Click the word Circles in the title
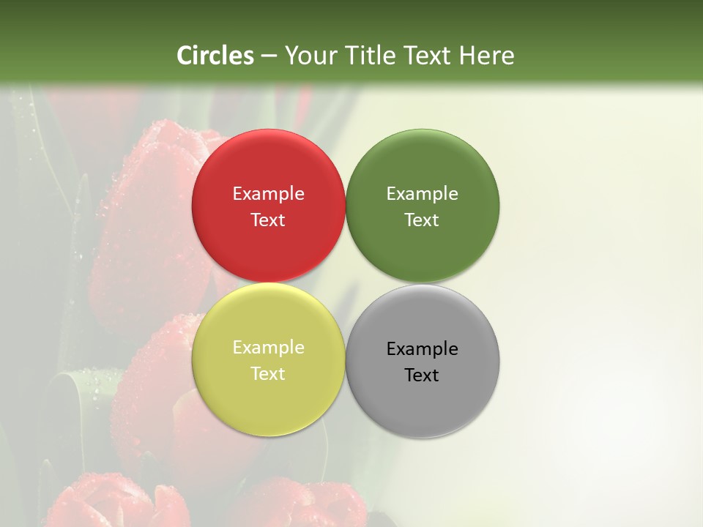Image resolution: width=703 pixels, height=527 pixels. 215,56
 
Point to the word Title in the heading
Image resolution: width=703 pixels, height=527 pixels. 370,56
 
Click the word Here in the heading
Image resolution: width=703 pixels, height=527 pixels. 487,56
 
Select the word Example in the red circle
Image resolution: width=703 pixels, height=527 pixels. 268,194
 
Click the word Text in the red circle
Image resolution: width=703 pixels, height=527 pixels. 268,220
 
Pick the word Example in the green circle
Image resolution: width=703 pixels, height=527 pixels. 422,194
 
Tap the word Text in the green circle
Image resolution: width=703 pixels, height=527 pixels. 422,220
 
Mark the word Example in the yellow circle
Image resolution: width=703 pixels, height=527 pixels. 268,348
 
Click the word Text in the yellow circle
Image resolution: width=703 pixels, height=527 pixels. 268,374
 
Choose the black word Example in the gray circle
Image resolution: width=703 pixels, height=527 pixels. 422,349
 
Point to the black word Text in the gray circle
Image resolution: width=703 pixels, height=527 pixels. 422,375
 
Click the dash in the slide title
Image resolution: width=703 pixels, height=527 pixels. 268,56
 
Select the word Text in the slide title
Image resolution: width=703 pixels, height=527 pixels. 428,56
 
